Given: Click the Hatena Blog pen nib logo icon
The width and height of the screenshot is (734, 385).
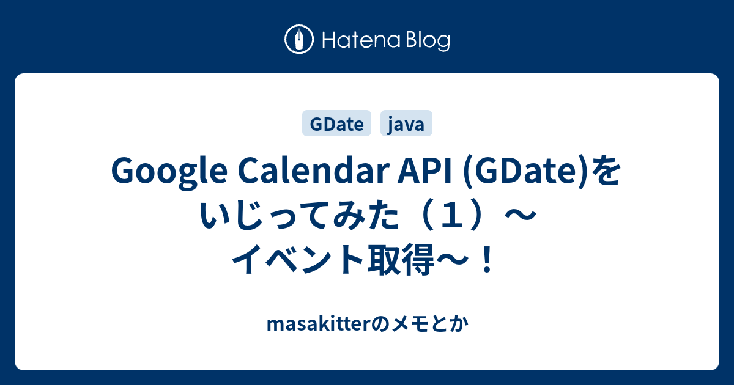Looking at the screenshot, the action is (x=299, y=39).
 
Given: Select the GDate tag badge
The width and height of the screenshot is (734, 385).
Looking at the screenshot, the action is (x=336, y=123).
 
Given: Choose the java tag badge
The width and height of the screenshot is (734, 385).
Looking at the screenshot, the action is (x=406, y=123).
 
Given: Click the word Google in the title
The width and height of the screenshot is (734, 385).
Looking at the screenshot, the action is (x=169, y=172).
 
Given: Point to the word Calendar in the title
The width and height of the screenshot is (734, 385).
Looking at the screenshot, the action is (x=313, y=170).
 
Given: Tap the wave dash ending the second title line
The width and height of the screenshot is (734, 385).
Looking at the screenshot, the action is (x=521, y=216).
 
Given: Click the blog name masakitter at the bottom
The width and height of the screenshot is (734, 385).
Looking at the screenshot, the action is (x=319, y=324).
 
